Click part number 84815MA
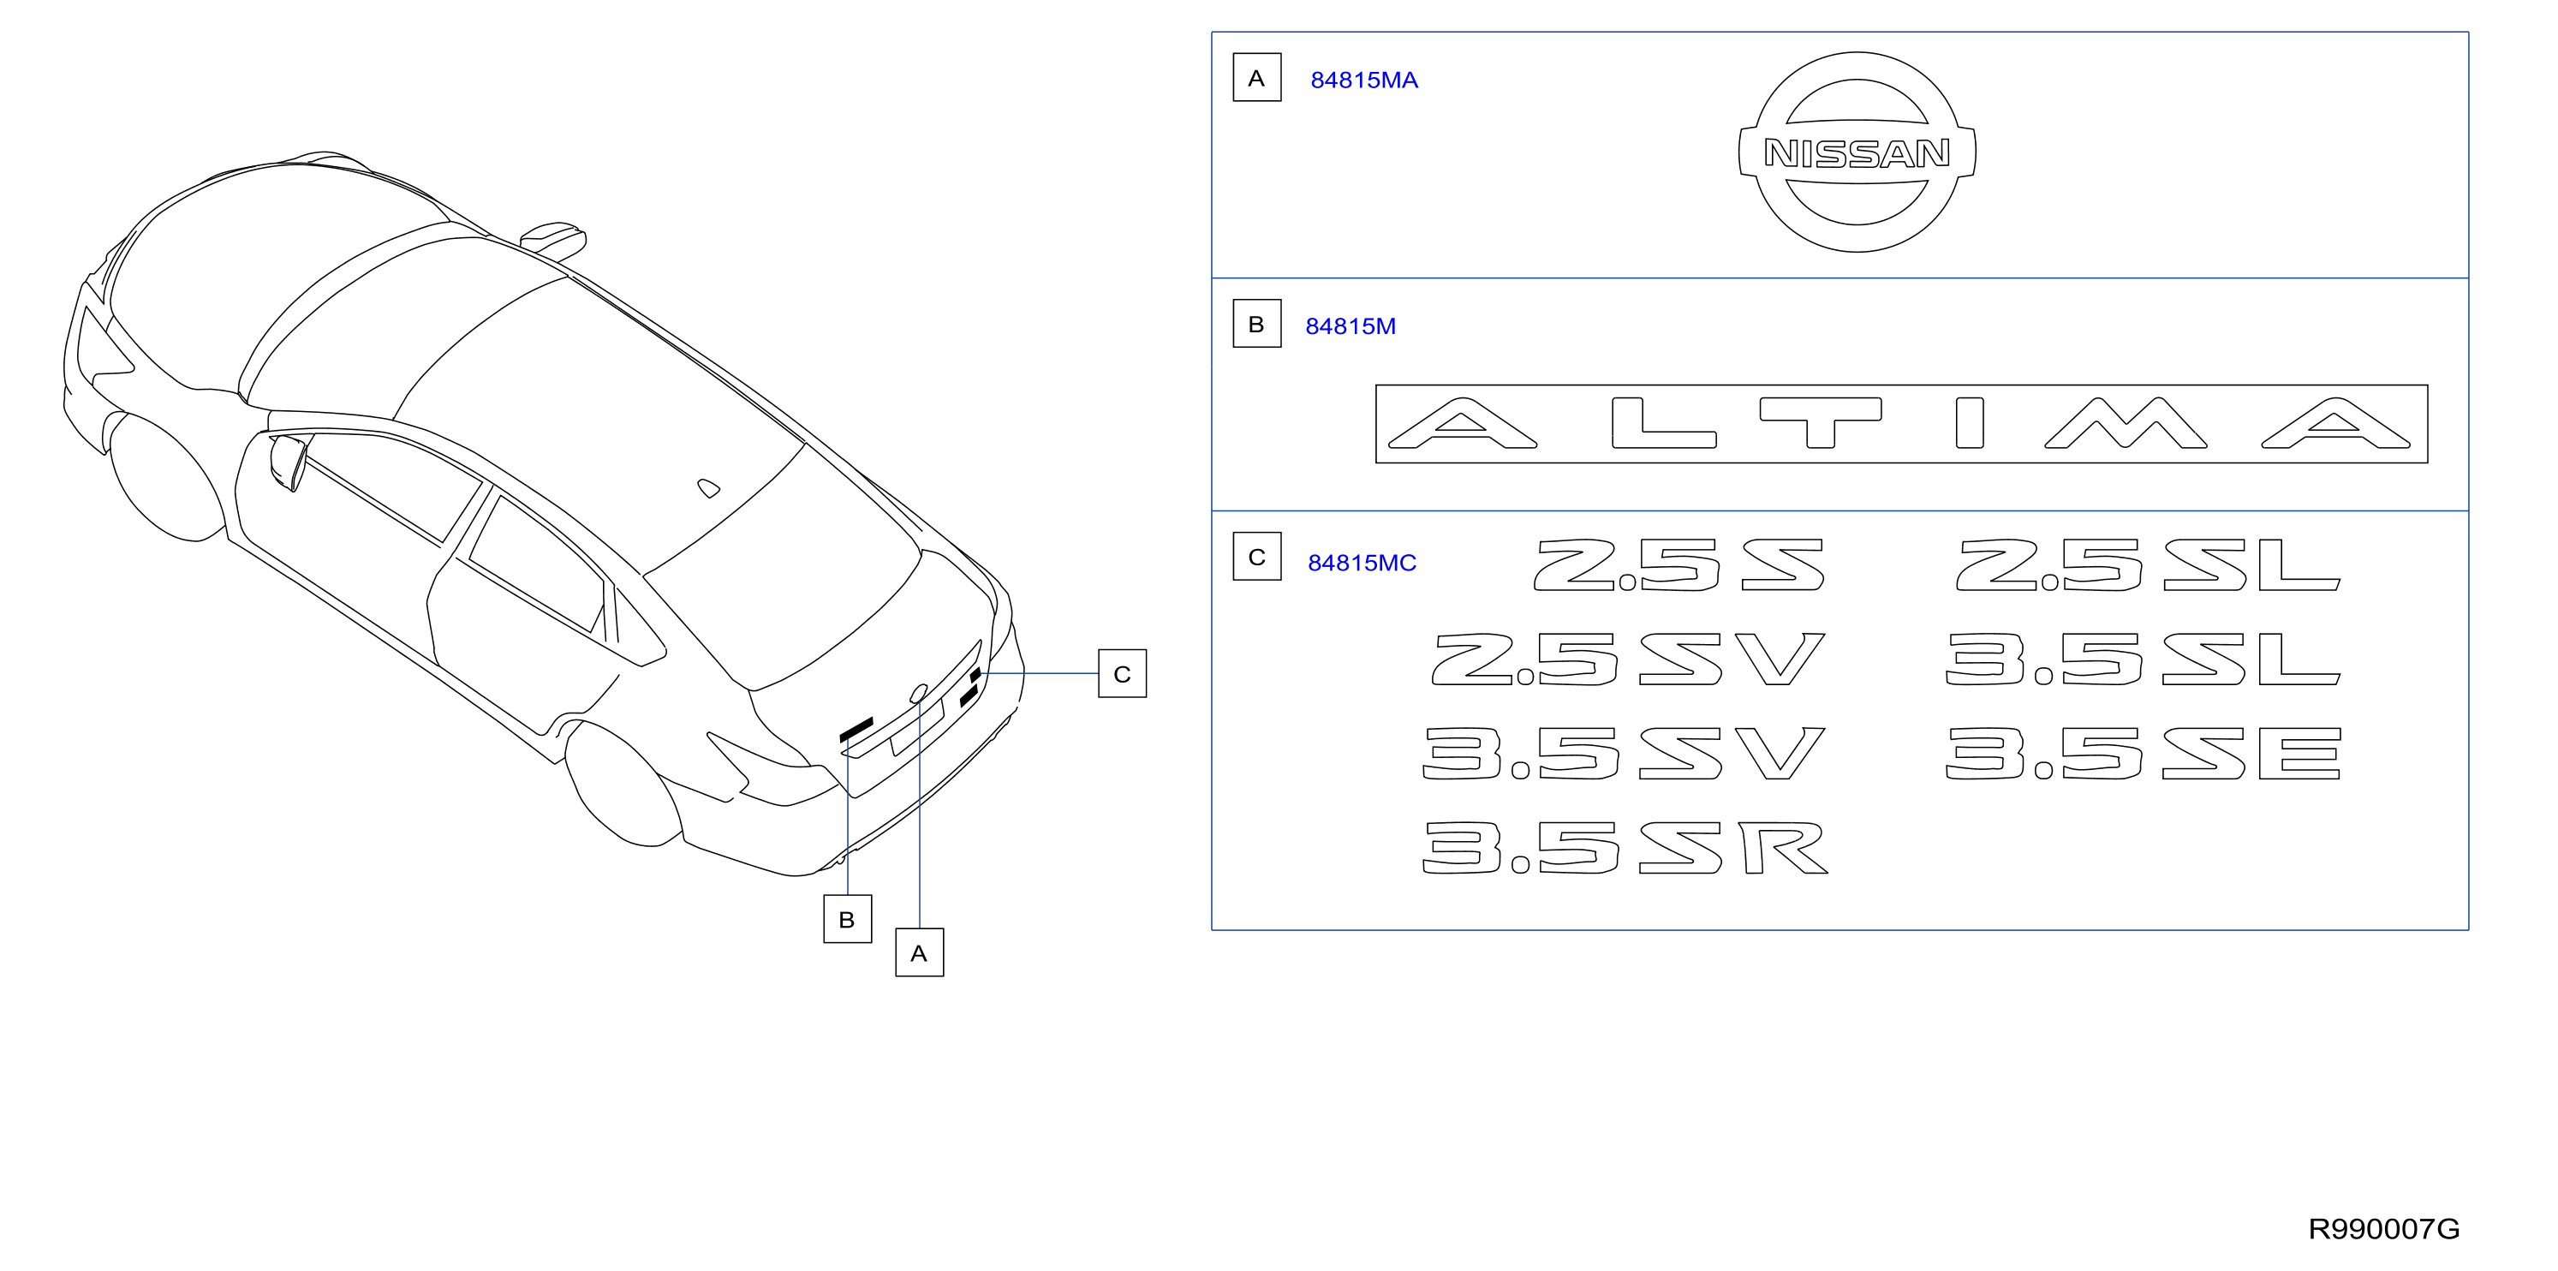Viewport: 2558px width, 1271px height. pyautogui.click(x=1363, y=81)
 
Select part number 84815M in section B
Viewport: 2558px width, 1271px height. pyautogui.click(x=1351, y=325)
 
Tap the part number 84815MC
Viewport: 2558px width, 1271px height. pyautogui.click(x=1362, y=563)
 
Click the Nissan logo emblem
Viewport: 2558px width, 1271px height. pyautogui.click(x=1857, y=152)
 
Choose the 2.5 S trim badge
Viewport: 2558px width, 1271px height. pyautogui.click(x=1679, y=565)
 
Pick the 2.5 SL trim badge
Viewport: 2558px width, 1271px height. pyautogui.click(x=2148, y=565)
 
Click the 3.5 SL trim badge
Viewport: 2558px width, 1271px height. pyautogui.click(x=2143, y=659)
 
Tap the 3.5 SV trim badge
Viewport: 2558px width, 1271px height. pyautogui.click(x=1625, y=753)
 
